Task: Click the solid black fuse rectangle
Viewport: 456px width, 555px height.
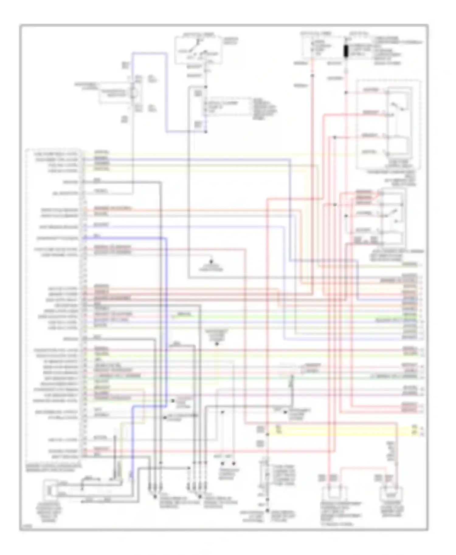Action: coord(346,51)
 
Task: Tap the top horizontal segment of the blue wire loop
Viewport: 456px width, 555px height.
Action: coord(149,53)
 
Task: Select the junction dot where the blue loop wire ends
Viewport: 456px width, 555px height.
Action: coord(206,132)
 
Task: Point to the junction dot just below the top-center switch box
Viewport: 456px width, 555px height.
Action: coord(206,87)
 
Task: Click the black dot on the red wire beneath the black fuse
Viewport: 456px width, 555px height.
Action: coord(346,92)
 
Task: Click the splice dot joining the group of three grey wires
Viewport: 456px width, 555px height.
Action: coord(155,497)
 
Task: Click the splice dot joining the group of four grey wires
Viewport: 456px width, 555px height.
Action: coord(200,497)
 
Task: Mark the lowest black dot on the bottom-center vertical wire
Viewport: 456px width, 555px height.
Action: coord(267,511)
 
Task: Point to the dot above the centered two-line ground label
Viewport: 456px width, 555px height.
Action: coord(211,261)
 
